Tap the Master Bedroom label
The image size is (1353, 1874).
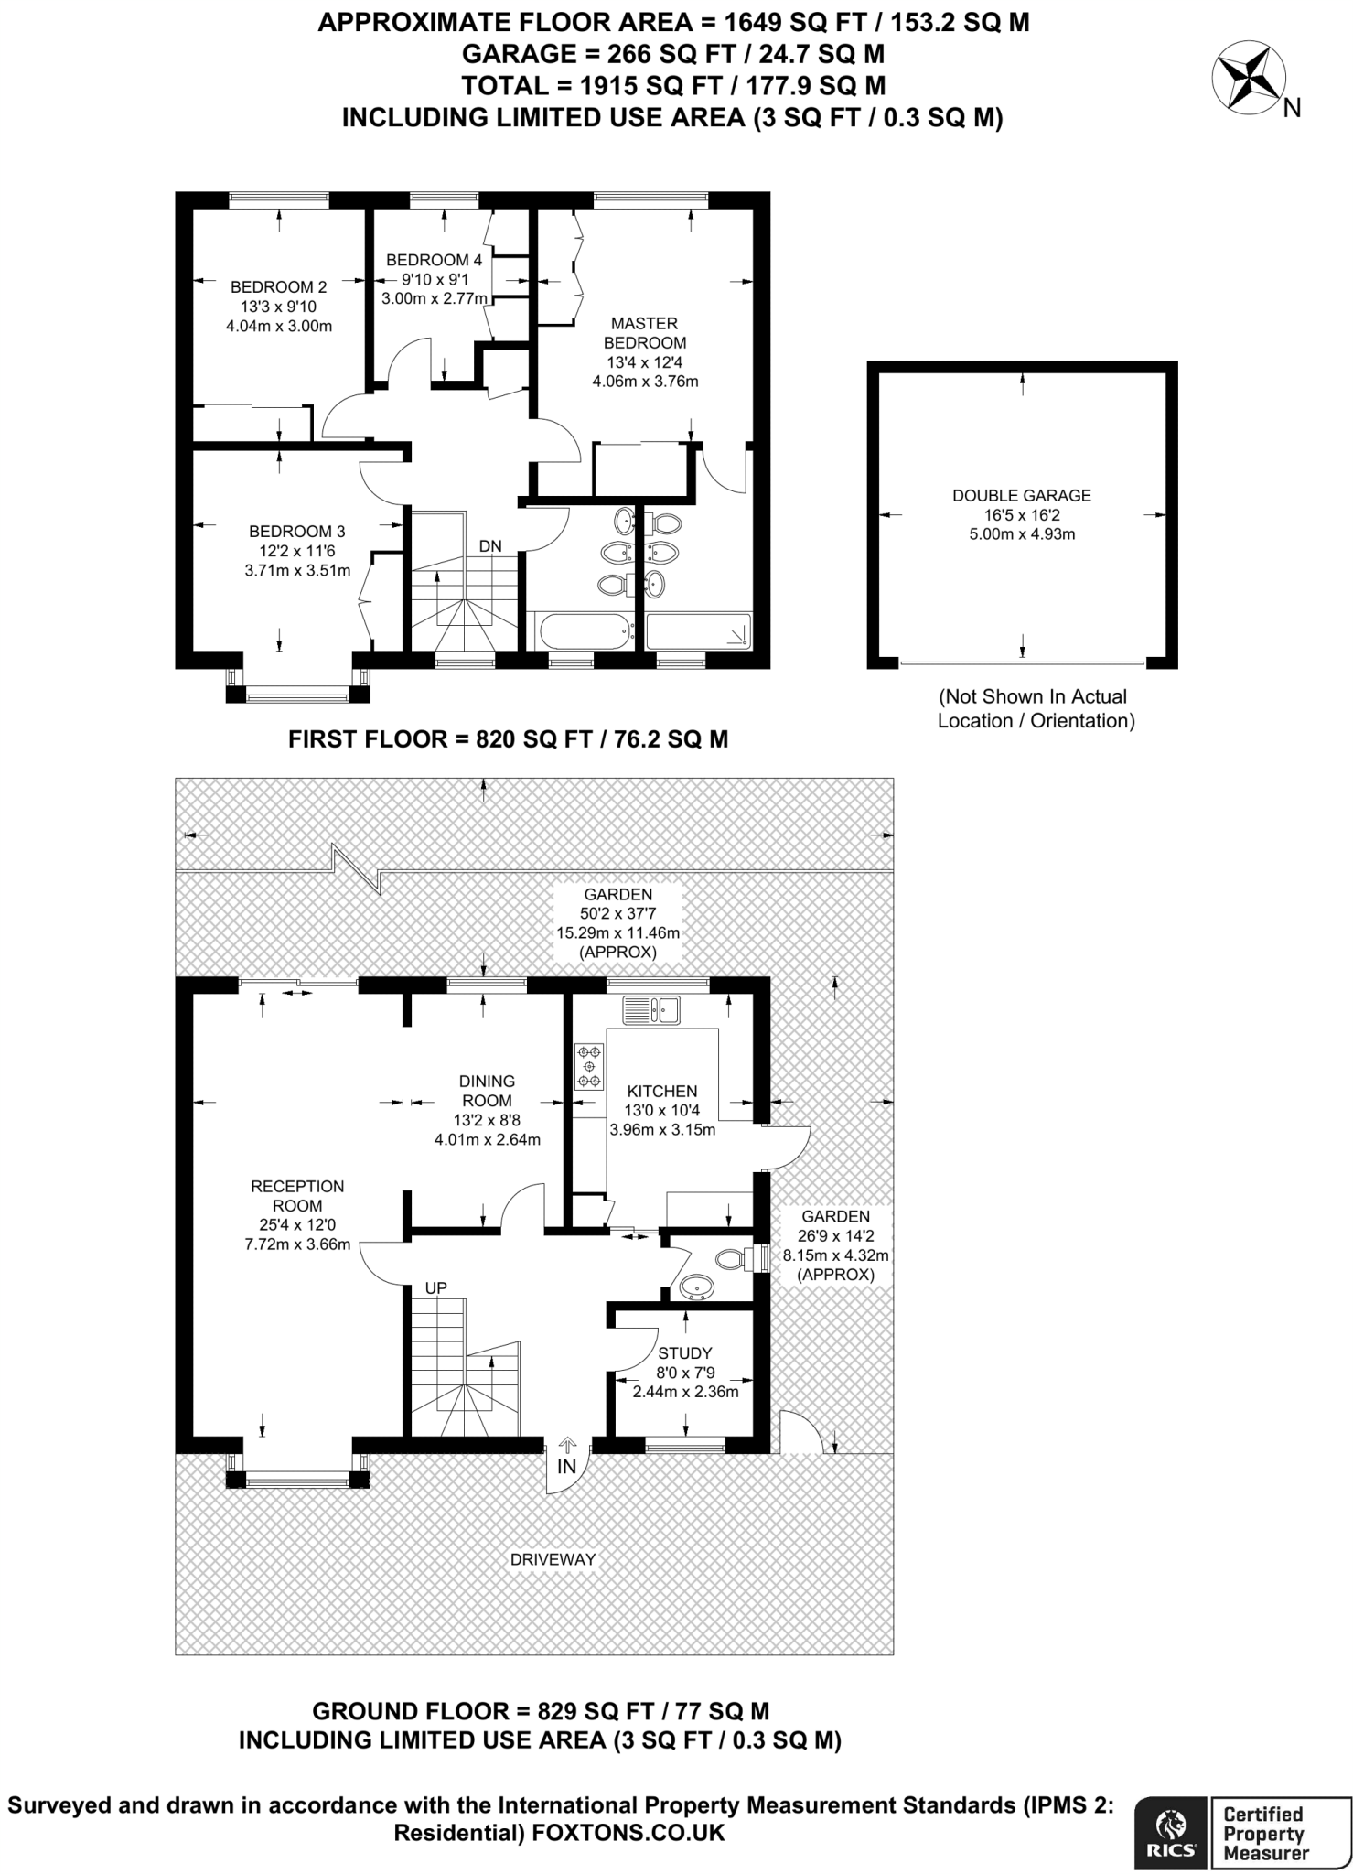[645, 333]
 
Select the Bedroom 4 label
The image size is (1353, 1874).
[434, 260]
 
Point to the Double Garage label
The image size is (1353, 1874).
[1022, 495]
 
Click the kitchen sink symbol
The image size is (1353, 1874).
[651, 1010]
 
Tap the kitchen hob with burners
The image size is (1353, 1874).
[589, 1067]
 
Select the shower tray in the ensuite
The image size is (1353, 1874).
[699, 630]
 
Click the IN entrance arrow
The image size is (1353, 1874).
[567, 1445]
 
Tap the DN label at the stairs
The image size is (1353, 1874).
[490, 546]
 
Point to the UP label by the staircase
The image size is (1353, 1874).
[435, 1288]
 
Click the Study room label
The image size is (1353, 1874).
[685, 1352]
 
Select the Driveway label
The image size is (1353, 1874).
[553, 1559]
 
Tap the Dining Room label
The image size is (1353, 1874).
[488, 1091]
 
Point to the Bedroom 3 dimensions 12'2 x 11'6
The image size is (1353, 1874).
[297, 551]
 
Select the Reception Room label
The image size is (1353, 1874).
[297, 1196]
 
